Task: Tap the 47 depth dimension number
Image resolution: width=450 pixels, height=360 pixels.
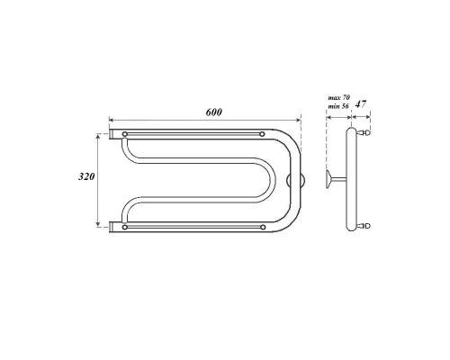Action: click(361, 105)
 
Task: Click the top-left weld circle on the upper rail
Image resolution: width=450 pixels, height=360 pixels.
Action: click(124, 135)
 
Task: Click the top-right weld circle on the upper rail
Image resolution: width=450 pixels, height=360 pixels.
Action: click(262, 135)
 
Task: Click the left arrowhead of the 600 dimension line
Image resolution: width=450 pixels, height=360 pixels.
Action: click(112, 119)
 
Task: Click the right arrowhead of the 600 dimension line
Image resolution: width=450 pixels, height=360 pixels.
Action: click(302, 119)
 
